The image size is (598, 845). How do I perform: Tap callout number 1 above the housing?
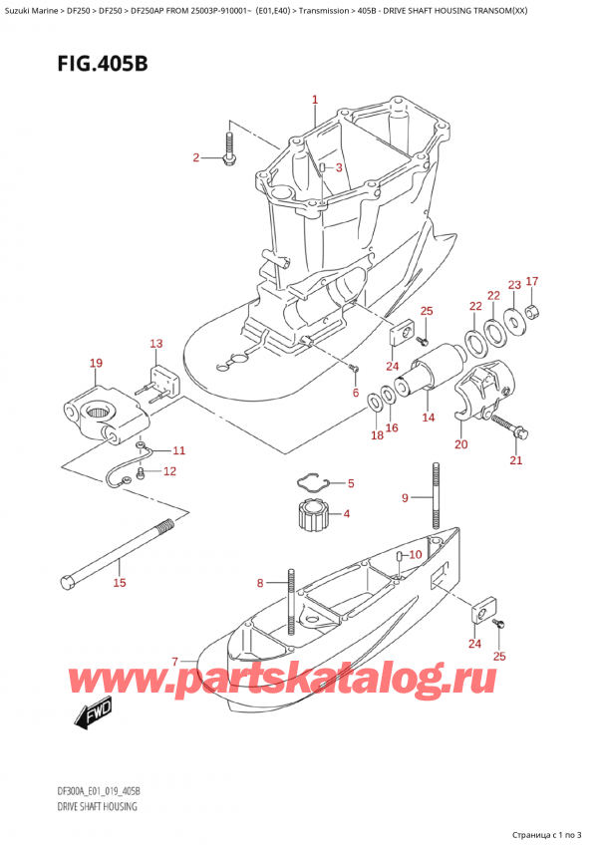pyautogui.click(x=315, y=100)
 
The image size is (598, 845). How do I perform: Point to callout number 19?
pyautogui.click(x=96, y=364)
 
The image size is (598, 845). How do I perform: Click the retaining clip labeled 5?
pyautogui.click(x=315, y=485)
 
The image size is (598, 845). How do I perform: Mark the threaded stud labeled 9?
pyautogui.click(x=436, y=495)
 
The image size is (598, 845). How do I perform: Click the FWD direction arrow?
pyautogui.click(x=95, y=711)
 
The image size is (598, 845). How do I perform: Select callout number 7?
pyautogui.click(x=175, y=661)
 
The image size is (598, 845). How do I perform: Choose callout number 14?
pyautogui.click(x=428, y=418)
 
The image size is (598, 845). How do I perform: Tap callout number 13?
pyautogui.click(x=155, y=345)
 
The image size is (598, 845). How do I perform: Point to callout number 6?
pyautogui.click(x=356, y=393)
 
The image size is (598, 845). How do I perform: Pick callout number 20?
pyautogui.click(x=460, y=444)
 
